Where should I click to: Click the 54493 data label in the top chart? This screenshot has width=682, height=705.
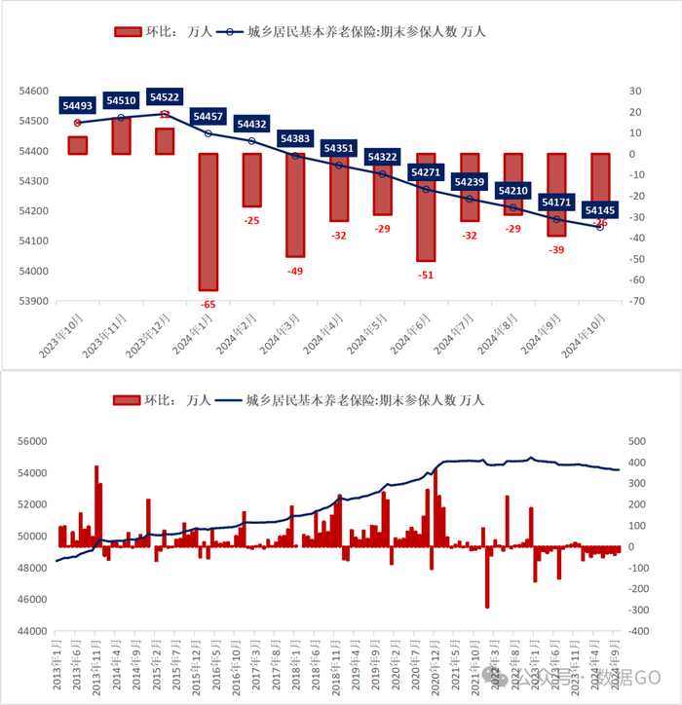pos(77,106)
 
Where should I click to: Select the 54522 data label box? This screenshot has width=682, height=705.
pos(164,97)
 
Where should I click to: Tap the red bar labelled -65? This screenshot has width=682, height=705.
pos(208,221)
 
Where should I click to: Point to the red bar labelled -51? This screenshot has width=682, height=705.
pos(426,206)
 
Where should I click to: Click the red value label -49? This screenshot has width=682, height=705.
pos(295,271)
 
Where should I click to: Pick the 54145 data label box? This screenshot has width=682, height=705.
pos(599,209)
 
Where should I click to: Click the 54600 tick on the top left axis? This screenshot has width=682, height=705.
pos(33,91)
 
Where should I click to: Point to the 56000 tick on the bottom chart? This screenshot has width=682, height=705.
pos(33,441)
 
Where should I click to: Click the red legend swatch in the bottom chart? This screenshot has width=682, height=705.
pos(129,400)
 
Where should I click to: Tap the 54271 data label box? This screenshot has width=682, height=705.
pos(426,172)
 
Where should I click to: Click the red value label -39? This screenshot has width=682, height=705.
pos(555,250)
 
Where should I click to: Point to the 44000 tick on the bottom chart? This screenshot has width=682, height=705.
pos(33,631)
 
